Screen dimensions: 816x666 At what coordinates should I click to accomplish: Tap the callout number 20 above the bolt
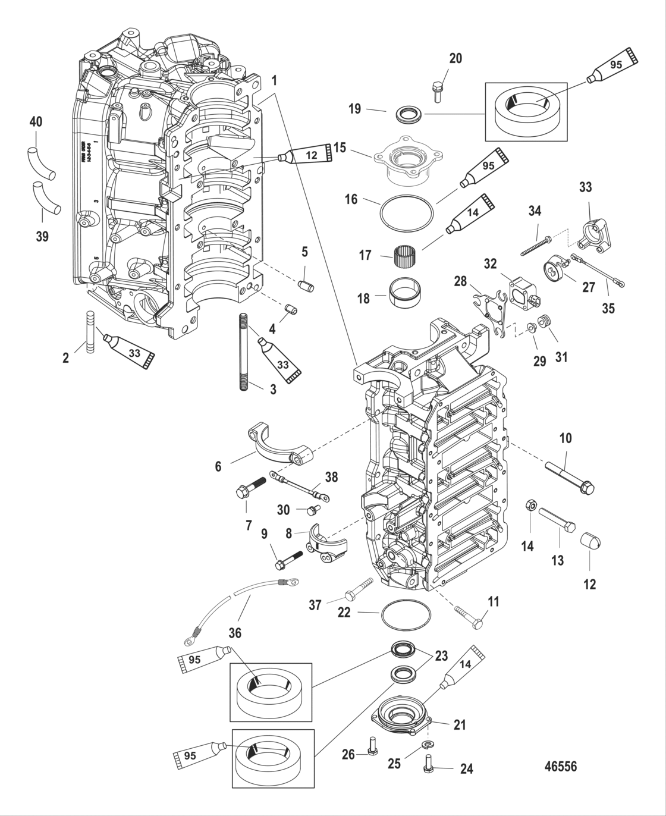pos(455,58)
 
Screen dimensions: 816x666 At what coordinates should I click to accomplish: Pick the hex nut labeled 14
pos(528,506)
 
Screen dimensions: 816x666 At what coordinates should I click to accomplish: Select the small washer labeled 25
pos(427,745)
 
